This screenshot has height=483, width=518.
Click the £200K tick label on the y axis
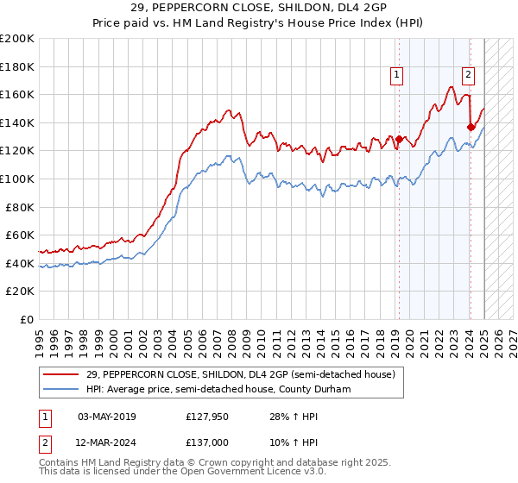tap(17, 38)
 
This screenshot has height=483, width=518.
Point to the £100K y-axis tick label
tap(17, 179)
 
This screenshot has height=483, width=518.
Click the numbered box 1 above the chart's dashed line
tap(396, 75)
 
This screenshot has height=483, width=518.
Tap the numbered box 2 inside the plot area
tap(468, 75)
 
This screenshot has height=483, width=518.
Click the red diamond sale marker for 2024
tap(471, 127)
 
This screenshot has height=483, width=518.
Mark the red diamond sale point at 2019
tap(399, 140)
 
